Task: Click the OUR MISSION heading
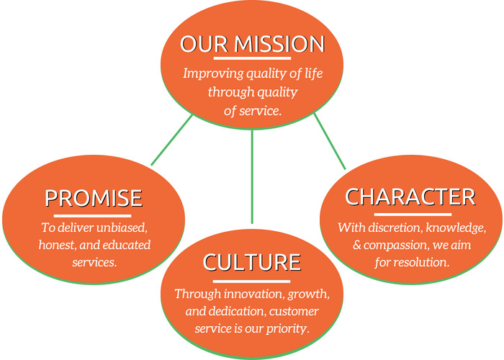pyautogui.click(x=252, y=44)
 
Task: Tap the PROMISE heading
pyautogui.click(x=94, y=198)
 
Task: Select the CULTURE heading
pyautogui.click(x=252, y=263)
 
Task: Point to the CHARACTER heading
pyautogui.click(x=410, y=197)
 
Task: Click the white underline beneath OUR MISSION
pyautogui.click(x=252, y=58)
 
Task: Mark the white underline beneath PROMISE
pyautogui.click(x=93, y=216)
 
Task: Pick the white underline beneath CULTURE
pyautogui.click(x=252, y=282)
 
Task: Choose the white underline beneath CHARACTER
pyautogui.click(x=413, y=215)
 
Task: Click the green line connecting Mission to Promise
pyautogui.click(x=171, y=140)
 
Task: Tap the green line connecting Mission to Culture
pyautogui.click(x=252, y=176)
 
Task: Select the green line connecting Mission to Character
pyautogui.click(x=330, y=141)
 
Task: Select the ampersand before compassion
pyautogui.click(x=357, y=245)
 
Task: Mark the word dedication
pyautogui.click(x=237, y=311)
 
